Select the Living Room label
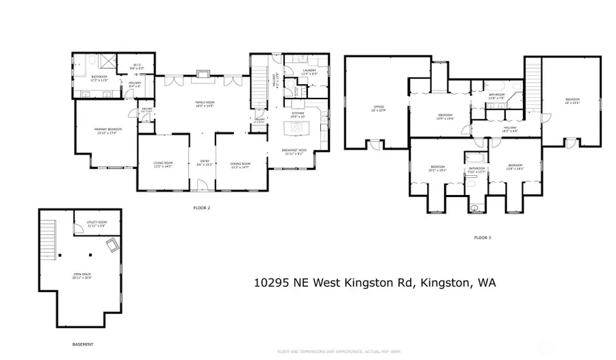pos(163,164)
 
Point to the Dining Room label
pos(240,164)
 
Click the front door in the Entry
pos(201,185)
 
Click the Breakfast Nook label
pos(294,152)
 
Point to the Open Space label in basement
pos(83,276)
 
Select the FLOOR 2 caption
pos(201,206)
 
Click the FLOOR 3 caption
pos(482,237)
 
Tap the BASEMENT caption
pos(83,344)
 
